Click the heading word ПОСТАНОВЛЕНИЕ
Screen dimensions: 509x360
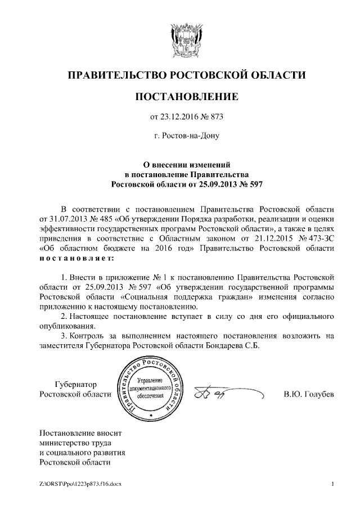[x=186, y=97]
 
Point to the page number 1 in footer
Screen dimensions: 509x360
[x=332, y=484]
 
